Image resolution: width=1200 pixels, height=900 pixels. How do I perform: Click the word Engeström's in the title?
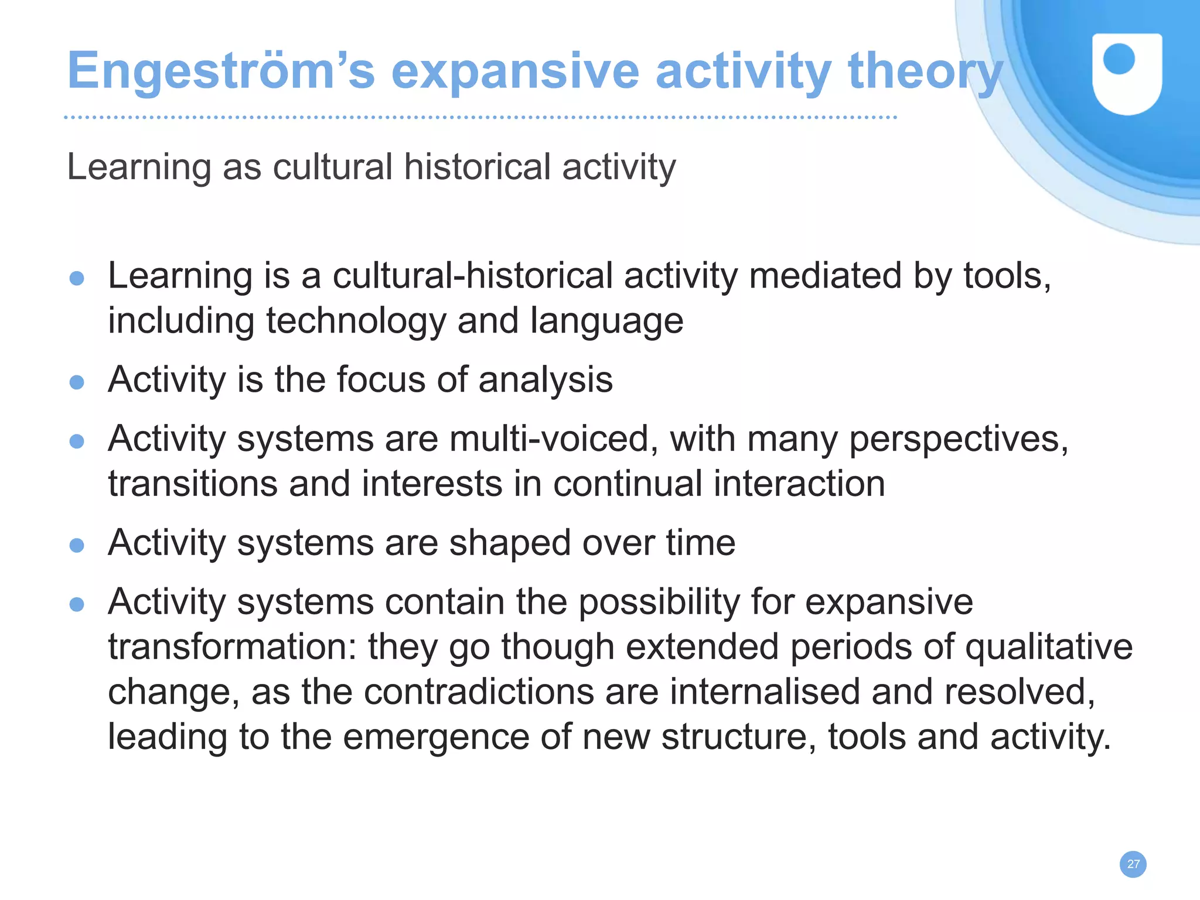pyautogui.click(x=220, y=72)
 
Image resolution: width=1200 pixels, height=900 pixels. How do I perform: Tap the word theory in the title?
pyautogui.click(x=926, y=72)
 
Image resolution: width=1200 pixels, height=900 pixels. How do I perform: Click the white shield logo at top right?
pyautogui.click(x=1127, y=74)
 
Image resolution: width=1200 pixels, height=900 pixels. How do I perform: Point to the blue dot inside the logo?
pyautogui.click(x=1119, y=59)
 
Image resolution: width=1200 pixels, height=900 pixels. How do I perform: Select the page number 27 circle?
pyautogui.click(x=1133, y=864)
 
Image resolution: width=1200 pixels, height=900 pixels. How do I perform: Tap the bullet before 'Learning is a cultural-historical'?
pyautogui.click(x=77, y=278)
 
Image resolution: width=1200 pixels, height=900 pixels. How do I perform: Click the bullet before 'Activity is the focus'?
pyautogui.click(x=77, y=382)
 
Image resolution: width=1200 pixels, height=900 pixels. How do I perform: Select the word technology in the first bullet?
pyautogui.click(x=356, y=321)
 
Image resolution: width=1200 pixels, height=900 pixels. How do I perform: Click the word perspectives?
pyautogui.click(x=959, y=440)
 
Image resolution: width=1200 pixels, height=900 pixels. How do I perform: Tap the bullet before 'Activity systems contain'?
pyautogui.click(x=77, y=604)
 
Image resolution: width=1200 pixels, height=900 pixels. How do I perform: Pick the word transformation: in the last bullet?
pyautogui.click(x=233, y=647)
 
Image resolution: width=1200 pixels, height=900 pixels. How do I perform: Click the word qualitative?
pyautogui.click(x=1048, y=647)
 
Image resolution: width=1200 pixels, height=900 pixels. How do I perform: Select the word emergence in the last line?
pyautogui.click(x=436, y=738)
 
